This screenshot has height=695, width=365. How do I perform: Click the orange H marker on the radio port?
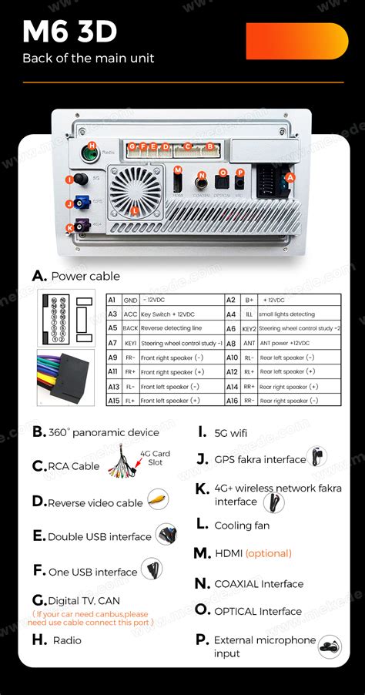pyautogui.click(x=92, y=146)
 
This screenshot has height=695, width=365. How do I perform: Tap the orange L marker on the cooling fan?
pyautogui.click(x=136, y=210)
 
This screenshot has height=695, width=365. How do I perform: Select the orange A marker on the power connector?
pyautogui.click(x=290, y=176)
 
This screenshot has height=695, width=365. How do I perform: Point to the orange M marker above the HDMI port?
pyautogui.click(x=178, y=170)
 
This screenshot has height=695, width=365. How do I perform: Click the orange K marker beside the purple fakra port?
pyautogui.click(x=70, y=227)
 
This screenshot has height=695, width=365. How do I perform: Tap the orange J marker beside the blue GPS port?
pyautogui.click(x=70, y=204)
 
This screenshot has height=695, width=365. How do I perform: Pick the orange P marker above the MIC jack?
pyautogui.click(x=240, y=173)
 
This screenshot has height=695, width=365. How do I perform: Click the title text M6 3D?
pyautogui.click(x=70, y=32)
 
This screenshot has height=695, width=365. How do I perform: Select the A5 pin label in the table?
pyautogui.click(x=112, y=328)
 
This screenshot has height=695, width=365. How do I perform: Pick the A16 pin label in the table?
pyautogui.click(x=232, y=401)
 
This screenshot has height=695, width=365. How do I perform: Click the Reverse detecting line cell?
pyautogui.click(x=171, y=328)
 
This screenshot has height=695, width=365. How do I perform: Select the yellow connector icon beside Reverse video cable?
pyautogui.click(x=158, y=499)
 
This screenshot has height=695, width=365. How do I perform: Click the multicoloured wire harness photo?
pyautogui.click(x=65, y=378)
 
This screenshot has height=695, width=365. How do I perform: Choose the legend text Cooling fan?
pyautogui.click(x=242, y=525)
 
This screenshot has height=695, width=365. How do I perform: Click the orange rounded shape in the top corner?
pyautogui.click(x=296, y=41)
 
